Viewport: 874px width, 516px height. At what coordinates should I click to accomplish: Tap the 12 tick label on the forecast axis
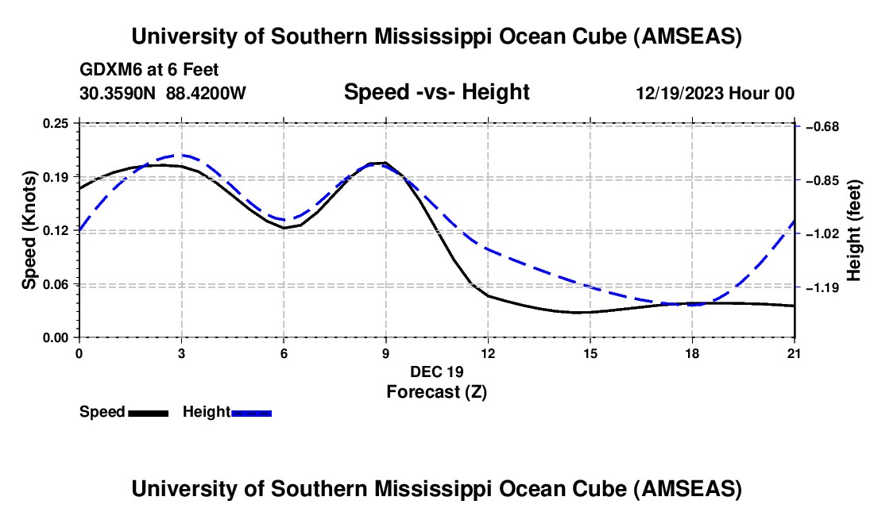tap(488, 352)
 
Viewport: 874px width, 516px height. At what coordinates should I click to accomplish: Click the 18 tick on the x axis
tap(693, 352)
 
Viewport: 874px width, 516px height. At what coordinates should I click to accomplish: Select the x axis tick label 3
tap(181, 352)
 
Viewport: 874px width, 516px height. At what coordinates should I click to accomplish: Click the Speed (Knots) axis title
tap(29, 230)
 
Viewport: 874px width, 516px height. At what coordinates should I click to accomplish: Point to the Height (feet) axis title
tap(855, 230)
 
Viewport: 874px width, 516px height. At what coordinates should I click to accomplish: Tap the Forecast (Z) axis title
tap(436, 391)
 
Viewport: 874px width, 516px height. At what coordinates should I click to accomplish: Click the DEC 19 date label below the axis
tap(436, 372)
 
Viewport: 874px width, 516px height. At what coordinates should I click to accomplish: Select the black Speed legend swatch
tap(148, 413)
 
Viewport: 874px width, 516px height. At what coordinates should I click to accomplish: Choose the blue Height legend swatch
tap(251, 413)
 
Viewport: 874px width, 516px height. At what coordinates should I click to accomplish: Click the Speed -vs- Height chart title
tap(436, 92)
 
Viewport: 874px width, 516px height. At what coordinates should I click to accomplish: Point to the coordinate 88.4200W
tap(207, 93)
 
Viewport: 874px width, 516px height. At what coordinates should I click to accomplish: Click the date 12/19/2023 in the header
tap(678, 93)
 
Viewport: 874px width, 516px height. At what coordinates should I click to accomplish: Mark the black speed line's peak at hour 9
tap(385, 163)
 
